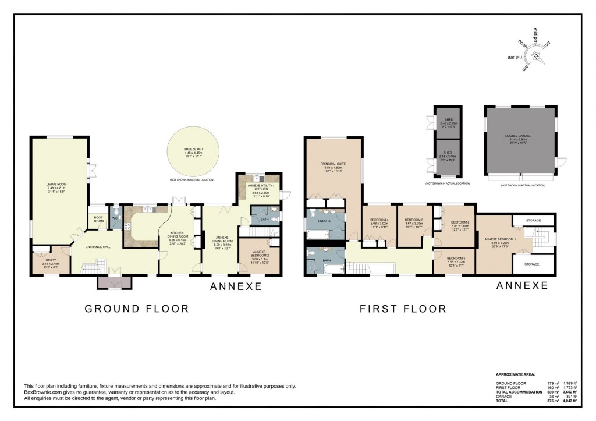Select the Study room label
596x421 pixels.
pyautogui.click(x=49, y=261)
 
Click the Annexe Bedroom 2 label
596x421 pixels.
pyautogui.click(x=260, y=256)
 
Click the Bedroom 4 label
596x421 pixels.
pyautogui.click(x=379, y=220)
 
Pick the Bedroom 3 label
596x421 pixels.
pyautogui.click(x=413, y=220)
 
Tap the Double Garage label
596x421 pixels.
pyautogui.click(x=518, y=136)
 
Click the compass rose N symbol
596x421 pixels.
pyautogui.click(x=535, y=56)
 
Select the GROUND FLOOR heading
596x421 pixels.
pyautogui.click(x=137, y=308)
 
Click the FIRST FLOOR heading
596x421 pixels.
pyautogui.click(x=402, y=308)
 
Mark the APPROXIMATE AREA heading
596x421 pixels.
pyautogui.click(x=516, y=374)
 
